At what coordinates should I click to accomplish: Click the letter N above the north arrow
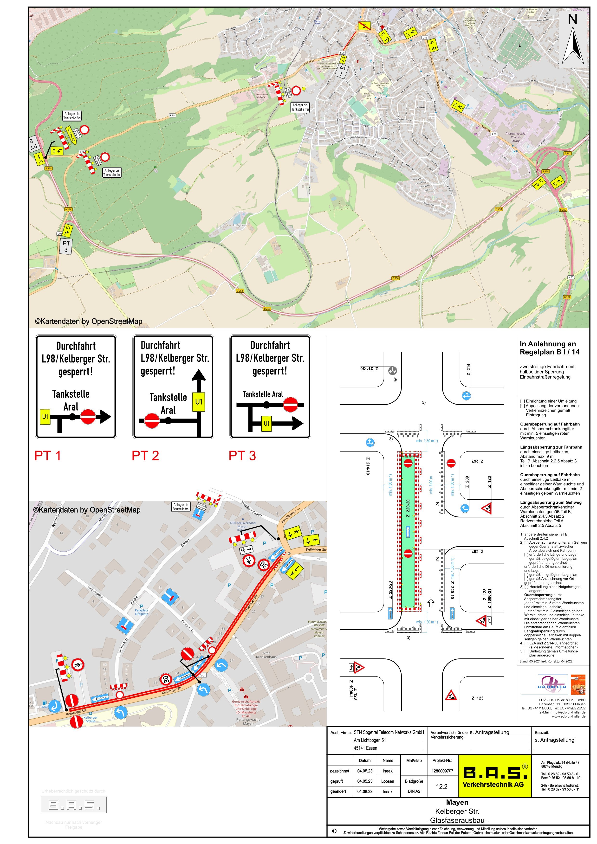(x=572, y=19)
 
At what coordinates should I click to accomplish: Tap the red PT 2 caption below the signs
(x=145, y=456)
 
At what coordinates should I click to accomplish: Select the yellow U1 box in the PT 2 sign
(x=199, y=401)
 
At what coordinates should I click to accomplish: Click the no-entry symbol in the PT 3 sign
(x=290, y=404)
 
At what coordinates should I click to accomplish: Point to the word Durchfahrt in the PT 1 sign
(x=76, y=346)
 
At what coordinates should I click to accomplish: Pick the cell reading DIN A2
(x=414, y=791)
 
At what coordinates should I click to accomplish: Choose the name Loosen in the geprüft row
(x=388, y=781)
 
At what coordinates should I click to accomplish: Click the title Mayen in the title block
(x=457, y=802)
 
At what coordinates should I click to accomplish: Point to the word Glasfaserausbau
(x=457, y=820)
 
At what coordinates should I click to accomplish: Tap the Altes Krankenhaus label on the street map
(x=272, y=655)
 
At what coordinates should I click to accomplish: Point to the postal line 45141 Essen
(x=365, y=748)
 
